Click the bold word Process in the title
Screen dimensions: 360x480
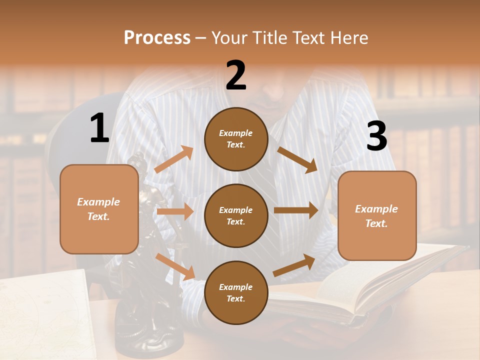pos(157,38)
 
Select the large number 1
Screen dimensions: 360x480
pos(99,129)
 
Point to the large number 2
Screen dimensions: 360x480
pos(236,75)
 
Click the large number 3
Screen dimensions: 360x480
pos(376,136)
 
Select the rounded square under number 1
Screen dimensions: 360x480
pos(99,209)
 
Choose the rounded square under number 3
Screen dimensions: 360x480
pos(377,215)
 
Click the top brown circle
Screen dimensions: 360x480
pos(236,139)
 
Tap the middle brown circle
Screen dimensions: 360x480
pos(236,215)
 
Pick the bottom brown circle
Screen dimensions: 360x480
pos(236,292)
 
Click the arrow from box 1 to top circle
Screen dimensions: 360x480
pos(174,159)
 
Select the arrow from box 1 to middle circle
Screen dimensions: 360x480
pos(175,211)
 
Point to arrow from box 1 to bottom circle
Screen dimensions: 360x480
pos(175,266)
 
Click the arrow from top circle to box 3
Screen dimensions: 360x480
pos(297,160)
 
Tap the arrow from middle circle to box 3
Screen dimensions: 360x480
pos(296,210)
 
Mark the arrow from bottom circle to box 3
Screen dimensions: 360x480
pos(294,265)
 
